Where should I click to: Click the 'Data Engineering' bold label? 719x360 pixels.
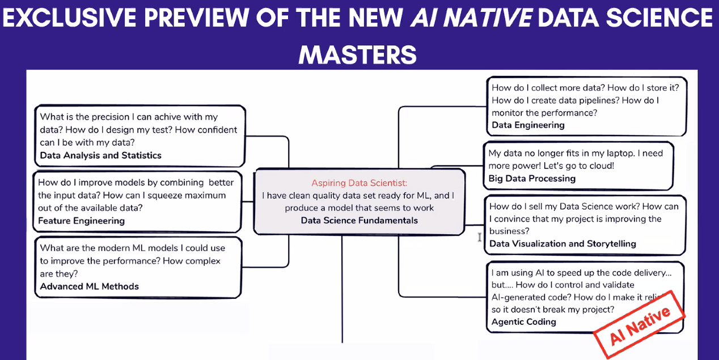528,125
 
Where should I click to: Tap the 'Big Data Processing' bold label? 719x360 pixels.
532,179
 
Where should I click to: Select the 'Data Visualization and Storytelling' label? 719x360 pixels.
562,244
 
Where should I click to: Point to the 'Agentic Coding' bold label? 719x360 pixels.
523,322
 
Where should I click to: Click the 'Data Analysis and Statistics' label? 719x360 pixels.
100,155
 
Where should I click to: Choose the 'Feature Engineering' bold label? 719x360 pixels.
81,221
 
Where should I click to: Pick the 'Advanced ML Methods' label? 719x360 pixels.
89,286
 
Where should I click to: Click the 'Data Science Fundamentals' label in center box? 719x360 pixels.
359,221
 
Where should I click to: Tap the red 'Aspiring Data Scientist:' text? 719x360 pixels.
359,183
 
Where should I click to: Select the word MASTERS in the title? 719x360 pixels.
358,55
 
